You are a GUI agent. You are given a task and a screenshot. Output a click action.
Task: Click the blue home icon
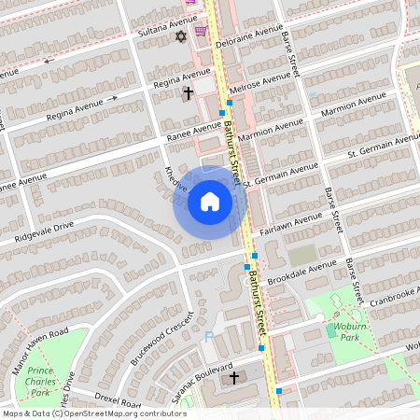pos(210,202)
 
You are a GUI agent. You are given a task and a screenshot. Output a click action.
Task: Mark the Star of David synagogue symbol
pos(182,36)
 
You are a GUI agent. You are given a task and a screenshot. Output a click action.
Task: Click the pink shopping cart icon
pos(200,30)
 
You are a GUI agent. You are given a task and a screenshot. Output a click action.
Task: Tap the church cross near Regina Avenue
pos(188,93)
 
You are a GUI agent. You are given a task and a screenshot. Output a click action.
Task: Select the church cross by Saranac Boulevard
pos(234,378)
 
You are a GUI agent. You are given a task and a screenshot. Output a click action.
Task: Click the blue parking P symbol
pos(209,336)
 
